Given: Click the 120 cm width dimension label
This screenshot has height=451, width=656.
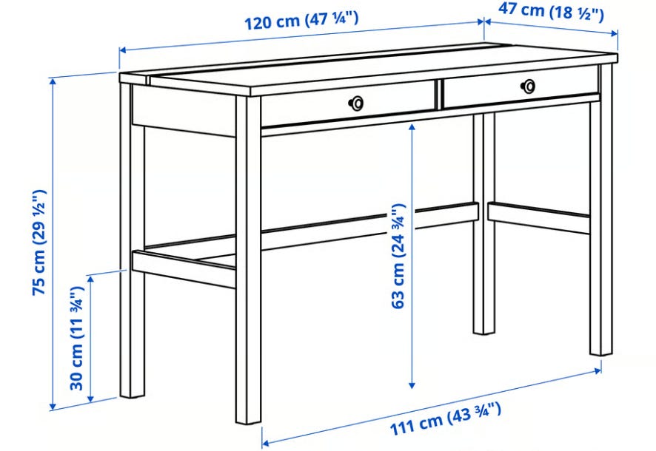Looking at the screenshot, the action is pos(301,21).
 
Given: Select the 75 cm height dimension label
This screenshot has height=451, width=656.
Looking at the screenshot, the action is pos(40,243).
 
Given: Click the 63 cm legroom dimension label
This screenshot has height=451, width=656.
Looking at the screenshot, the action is pos(398,256).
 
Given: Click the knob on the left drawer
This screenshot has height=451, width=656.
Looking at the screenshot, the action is pos(356,103).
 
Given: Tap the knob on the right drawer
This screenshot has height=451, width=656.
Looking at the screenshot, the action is pos(528,86).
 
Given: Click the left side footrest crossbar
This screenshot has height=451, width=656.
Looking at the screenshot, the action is pos(184,269).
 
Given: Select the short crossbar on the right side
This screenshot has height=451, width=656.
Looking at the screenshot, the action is pos(539,217).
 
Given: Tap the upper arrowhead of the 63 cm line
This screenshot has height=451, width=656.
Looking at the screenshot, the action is pos(412,127).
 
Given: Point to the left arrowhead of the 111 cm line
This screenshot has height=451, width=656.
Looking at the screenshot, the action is pos(265,442).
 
